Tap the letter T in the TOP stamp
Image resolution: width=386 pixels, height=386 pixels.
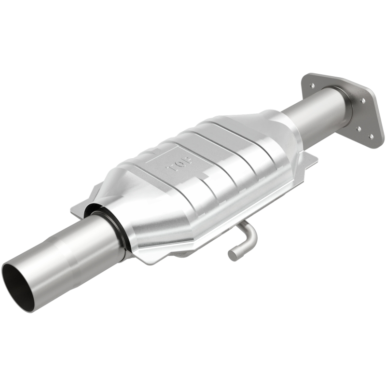187,159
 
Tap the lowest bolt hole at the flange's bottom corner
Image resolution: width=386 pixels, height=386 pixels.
371,137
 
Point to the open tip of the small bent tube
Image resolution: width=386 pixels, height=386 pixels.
233,254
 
